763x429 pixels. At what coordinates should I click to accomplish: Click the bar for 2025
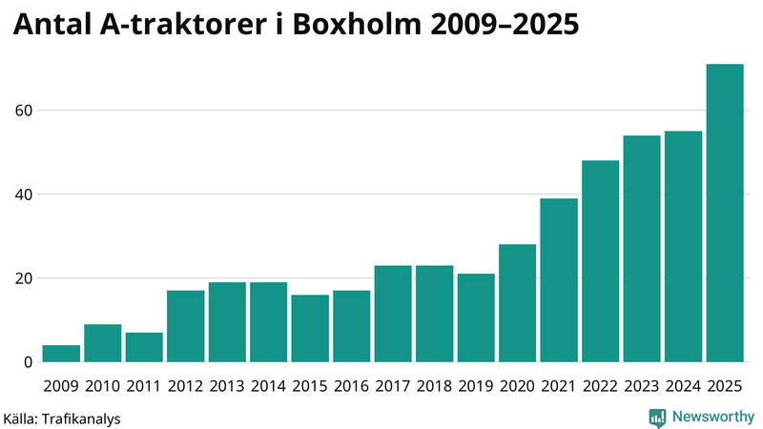(x=725, y=214)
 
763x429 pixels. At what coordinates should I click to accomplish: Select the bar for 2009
(x=61, y=354)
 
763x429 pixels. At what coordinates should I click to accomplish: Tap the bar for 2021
(x=559, y=280)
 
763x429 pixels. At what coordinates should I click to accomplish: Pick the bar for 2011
(x=144, y=347)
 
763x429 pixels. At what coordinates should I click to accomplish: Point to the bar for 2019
(x=476, y=318)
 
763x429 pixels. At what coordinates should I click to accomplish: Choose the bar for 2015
(x=310, y=329)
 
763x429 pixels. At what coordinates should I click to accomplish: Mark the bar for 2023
(x=642, y=249)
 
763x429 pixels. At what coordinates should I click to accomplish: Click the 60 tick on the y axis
(x=23, y=111)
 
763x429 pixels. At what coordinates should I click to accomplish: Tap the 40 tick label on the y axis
(x=23, y=194)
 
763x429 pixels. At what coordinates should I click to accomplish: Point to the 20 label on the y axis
(x=23, y=278)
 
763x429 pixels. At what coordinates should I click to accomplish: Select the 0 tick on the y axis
(x=28, y=362)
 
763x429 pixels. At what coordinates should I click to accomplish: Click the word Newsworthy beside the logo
(x=712, y=417)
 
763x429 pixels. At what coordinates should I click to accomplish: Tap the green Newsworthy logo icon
(x=657, y=417)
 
